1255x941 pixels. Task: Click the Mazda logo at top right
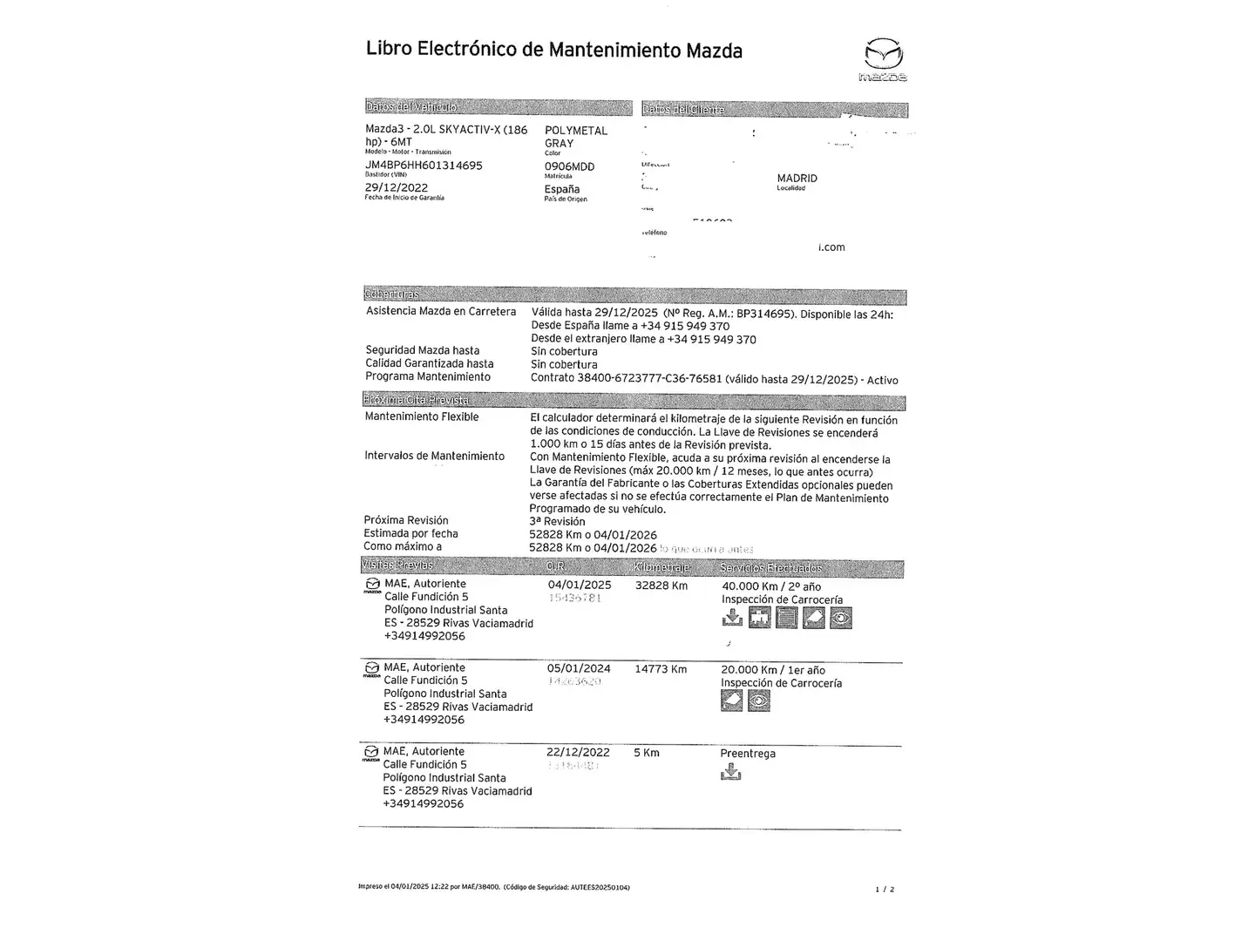coord(885,59)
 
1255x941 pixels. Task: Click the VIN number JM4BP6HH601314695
coord(424,166)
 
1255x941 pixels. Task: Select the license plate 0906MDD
coord(569,166)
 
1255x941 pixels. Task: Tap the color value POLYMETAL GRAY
coord(575,137)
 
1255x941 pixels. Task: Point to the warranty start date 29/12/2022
coord(397,187)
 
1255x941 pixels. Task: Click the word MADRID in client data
coord(797,178)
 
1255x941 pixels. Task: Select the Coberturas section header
coord(391,294)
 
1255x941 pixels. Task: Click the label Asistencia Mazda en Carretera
coord(441,311)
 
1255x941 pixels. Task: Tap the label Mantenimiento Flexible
coord(422,416)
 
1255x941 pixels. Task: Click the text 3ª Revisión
coord(557,521)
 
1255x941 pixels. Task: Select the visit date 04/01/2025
coord(580,585)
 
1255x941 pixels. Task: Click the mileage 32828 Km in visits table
coord(661,586)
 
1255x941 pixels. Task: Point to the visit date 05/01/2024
coord(579,668)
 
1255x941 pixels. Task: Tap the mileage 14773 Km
coord(661,669)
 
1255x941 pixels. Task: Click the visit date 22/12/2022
coord(578,752)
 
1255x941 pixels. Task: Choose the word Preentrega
coord(748,754)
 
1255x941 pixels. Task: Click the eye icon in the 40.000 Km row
coord(841,618)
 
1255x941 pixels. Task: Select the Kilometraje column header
coord(662,568)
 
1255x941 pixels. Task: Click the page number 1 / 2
coord(885,890)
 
